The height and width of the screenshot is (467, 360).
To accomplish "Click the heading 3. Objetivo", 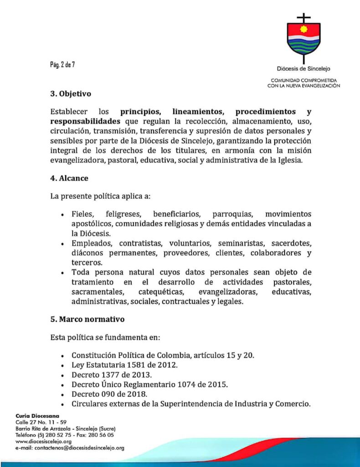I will click(71, 94).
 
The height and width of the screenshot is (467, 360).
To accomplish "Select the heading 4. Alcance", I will click(69, 178).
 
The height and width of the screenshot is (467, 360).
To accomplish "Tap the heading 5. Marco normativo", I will click(87, 319).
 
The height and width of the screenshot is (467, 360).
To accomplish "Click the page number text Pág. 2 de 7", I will click(62, 64).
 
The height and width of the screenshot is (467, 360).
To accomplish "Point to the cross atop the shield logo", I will click(303, 18).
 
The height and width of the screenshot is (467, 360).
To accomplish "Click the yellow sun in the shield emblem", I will click(304, 33).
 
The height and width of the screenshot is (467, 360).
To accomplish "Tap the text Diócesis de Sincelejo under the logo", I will click(303, 69).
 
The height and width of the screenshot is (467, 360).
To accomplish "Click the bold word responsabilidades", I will click(85, 121).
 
